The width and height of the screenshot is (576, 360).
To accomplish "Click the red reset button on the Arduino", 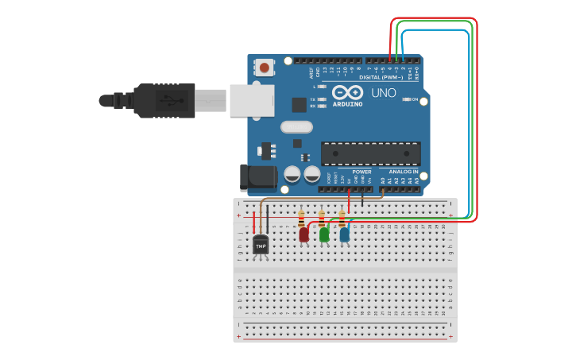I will pos(264,68).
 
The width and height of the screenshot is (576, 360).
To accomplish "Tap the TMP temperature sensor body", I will pos(261,246).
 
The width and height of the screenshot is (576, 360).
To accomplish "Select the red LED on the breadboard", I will pos(303,234).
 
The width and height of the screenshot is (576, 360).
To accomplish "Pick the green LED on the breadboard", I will pos(324,234).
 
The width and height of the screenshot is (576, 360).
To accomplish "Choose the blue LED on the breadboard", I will pos(344,234).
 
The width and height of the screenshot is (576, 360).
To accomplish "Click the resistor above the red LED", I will pos(301,219).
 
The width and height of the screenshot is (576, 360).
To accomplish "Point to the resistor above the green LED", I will pos(322,219).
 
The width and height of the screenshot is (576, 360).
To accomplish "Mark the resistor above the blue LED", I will pos(342,219).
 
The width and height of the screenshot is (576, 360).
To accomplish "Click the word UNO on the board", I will pos(384,93).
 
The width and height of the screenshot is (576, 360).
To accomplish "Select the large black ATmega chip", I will pos(370,153).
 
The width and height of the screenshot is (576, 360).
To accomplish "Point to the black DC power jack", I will pos(258,177).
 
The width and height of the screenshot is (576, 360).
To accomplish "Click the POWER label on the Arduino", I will pos(361,172).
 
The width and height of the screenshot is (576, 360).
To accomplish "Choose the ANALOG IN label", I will pos(404,172).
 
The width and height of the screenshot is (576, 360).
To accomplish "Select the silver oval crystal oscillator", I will pos(296,126).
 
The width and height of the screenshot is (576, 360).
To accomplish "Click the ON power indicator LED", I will pos(407,99).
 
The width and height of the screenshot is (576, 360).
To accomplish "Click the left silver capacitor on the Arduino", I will pos(292,174).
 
